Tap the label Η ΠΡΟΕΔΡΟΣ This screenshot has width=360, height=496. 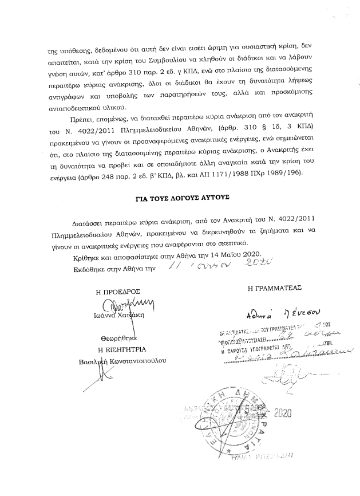click(x=118, y=292)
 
